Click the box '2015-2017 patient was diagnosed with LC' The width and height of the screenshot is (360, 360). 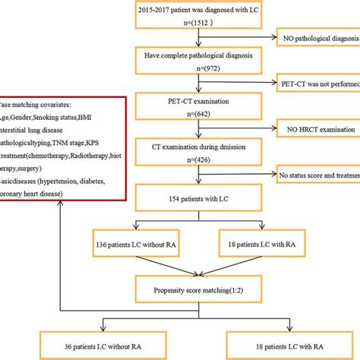pyautogui.click(x=208, y=13)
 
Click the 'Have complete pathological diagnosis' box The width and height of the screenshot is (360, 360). pyautogui.click(x=208, y=55)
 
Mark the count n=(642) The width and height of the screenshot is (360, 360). pyautogui.click(x=208, y=115)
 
